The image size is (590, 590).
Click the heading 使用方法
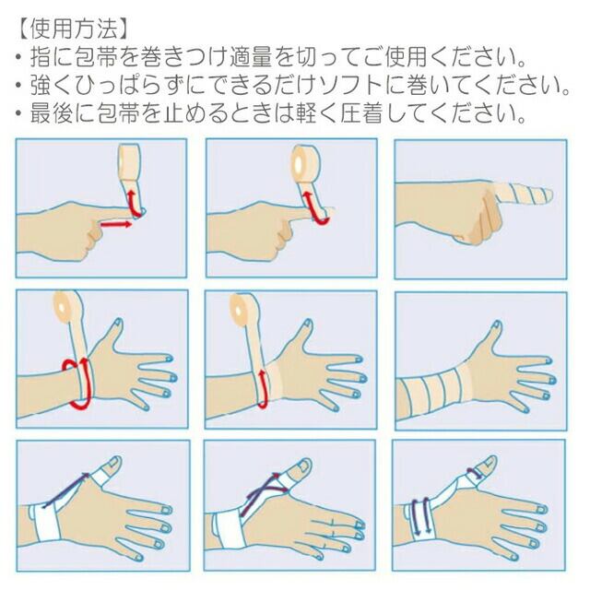74,29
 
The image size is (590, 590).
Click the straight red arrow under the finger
115,225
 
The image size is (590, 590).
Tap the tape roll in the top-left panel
129,162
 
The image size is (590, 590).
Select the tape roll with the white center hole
305,162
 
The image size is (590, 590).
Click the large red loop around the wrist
79,383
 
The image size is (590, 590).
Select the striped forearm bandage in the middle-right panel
434,391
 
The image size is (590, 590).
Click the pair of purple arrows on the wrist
421,516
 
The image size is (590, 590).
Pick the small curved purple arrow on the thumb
475,473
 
